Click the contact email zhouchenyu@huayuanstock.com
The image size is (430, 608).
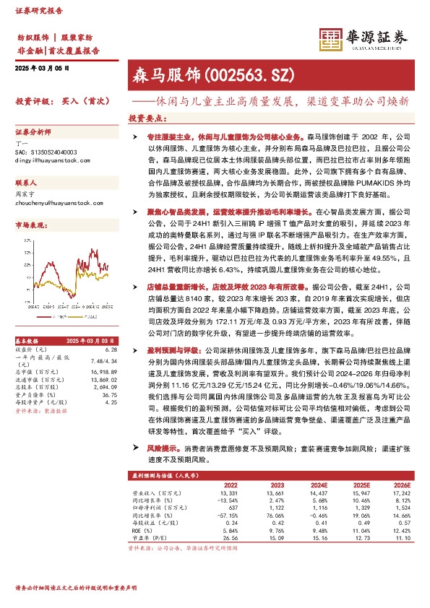coord(55,204)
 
